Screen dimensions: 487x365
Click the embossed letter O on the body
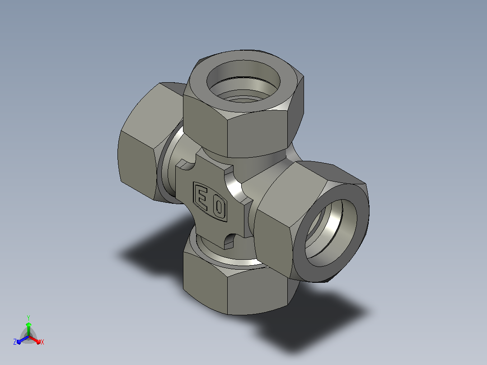click(x=219, y=207)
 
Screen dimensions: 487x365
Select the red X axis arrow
click(x=35, y=340)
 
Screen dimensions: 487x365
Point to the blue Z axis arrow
click(x=23, y=340)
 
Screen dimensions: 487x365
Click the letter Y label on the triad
click(x=28, y=318)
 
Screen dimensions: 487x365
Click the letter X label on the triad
click(x=42, y=342)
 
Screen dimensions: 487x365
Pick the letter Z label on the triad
click(x=14, y=342)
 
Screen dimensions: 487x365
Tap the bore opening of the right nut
click(x=330, y=233)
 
